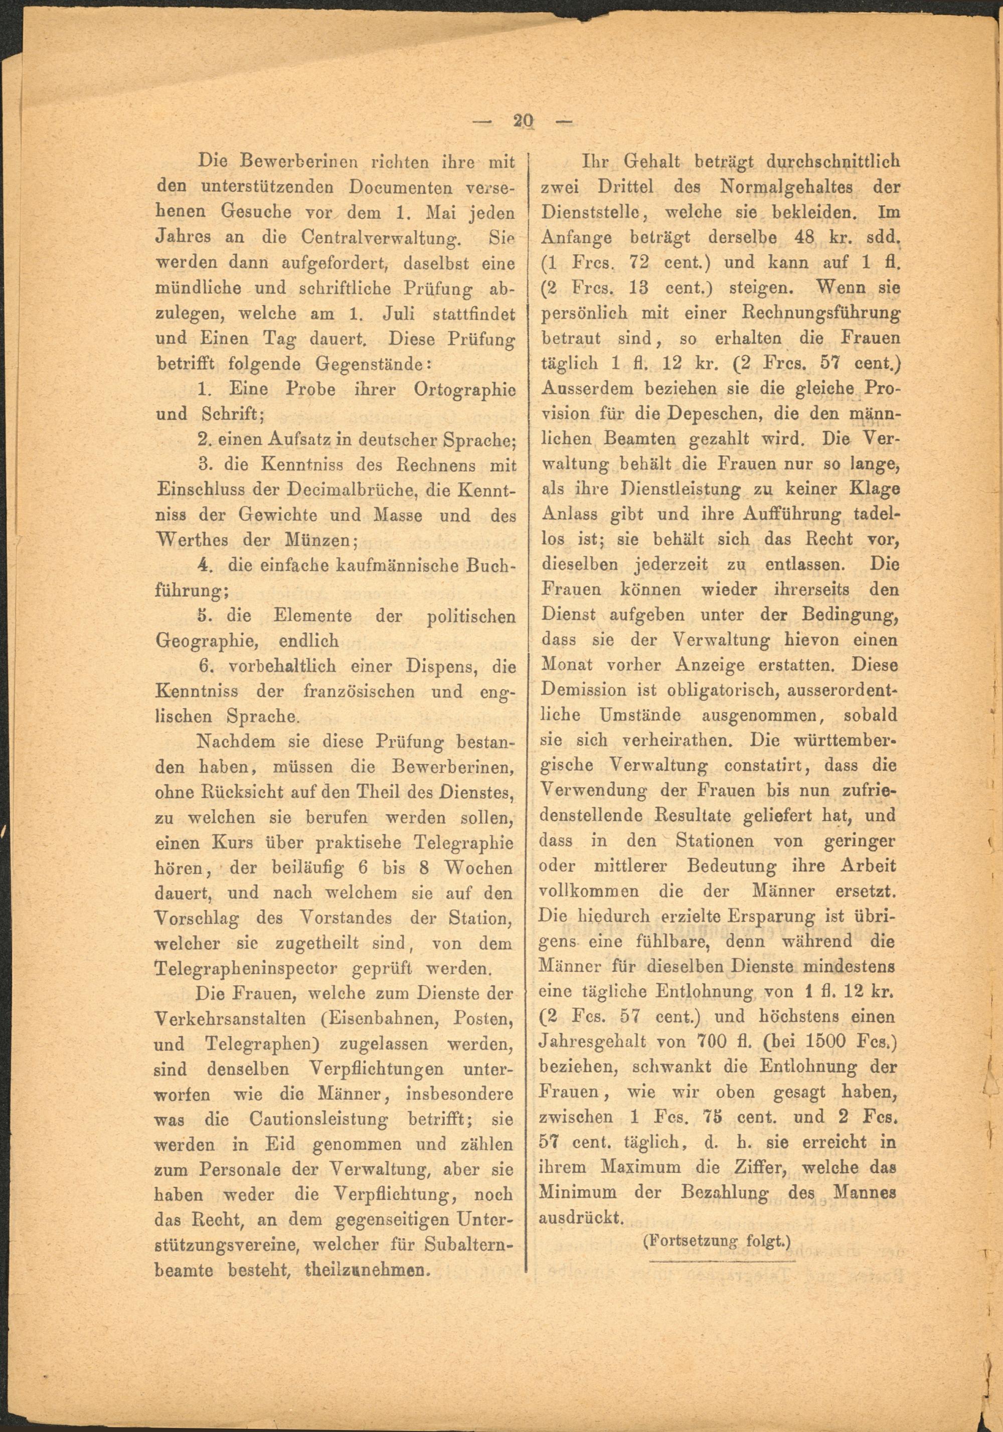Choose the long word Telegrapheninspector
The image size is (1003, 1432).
[246, 969]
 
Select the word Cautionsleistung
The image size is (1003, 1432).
[318, 1120]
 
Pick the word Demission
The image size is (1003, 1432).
[584, 690]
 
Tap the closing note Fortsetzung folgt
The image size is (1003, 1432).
[717, 1241]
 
